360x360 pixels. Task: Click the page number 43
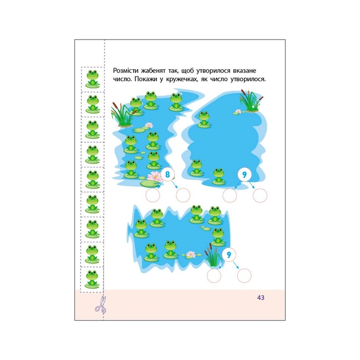click(261, 298)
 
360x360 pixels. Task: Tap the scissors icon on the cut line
click(101, 305)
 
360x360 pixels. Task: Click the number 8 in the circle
click(167, 174)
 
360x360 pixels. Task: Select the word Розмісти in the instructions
click(126, 70)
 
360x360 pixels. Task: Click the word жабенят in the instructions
click(153, 71)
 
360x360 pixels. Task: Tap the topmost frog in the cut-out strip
click(93, 79)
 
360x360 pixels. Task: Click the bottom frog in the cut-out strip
click(92, 279)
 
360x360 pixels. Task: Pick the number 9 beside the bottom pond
click(229, 255)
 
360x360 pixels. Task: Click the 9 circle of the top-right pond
click(245, 175)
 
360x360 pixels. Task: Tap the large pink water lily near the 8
click(154, 175)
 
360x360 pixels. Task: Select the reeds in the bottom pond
click(214, 255)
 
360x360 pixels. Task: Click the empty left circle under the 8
click(153, 195)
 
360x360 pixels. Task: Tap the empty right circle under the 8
click(183, 195)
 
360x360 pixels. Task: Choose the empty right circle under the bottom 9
click(245, 275)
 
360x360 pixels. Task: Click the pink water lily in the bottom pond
click(190, 254)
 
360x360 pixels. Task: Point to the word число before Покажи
click(122, 79)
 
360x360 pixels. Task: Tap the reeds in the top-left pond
click(121, 114)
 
